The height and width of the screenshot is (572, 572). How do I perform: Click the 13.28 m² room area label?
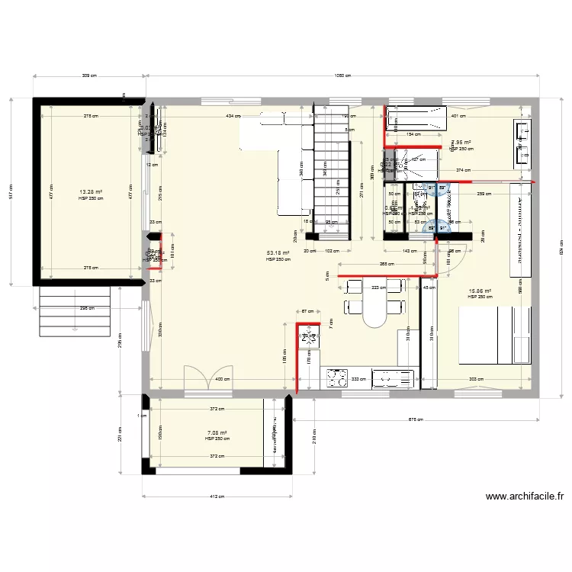[91, 192]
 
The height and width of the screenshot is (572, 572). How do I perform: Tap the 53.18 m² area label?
[278, 254]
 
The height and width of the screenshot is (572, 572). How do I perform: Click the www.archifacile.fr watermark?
[525, 496]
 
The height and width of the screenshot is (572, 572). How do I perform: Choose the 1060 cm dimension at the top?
[342, 76]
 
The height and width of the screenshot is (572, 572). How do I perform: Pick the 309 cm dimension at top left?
[89, 76]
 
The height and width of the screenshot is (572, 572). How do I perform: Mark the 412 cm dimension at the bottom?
[217, 496]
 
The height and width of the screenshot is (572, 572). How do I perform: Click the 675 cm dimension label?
[416, 419]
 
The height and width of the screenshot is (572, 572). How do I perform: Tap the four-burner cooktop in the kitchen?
[336, 377]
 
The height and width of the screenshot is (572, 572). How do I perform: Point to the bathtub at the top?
[414, 119]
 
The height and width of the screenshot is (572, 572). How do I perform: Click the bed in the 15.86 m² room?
[493, 335]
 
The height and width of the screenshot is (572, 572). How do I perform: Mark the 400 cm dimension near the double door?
[221, 379]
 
